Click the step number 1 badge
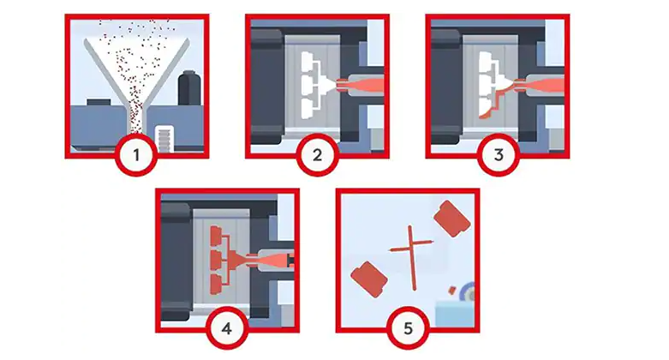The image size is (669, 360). click(x=136, y=155)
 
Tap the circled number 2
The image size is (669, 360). click(x=317, y=155)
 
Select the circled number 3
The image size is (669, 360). click(x=498, y=155)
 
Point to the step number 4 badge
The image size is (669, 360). click(x=227, y=328)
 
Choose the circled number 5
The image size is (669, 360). click(x=408, y=328)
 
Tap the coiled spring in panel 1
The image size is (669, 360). click(x=164, y=140)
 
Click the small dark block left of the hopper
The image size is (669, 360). click(x=99, y=103)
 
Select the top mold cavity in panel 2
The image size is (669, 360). click(x=308, y=61)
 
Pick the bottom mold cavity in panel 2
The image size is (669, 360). click(x=308, y=109)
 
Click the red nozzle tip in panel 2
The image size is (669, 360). click(x=341, y=85)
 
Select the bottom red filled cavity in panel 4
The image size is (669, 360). click(x=217, y=284)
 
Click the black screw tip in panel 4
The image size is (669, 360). click(x=290, y=260)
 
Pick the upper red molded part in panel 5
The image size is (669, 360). click(x=451, y=219)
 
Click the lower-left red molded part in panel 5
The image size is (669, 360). click(x=369, y=279)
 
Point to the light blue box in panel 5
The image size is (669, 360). click(x=455, y=314)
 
